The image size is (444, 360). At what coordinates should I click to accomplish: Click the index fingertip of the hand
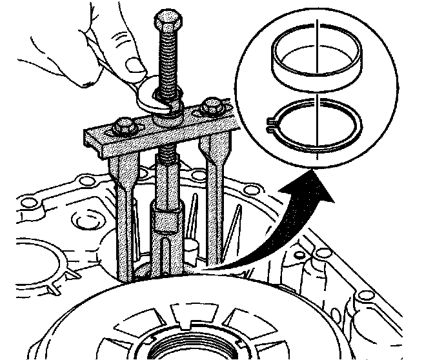[85, 80]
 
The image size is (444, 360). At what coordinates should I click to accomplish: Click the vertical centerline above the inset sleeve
[318, 29]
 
